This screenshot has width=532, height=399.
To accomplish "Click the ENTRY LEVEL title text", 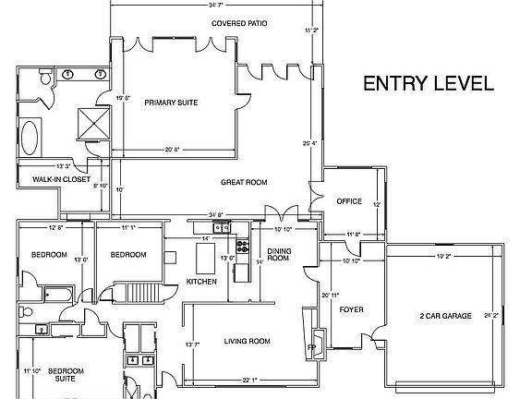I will point(428,83).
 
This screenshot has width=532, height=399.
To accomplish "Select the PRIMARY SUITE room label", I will point(171,103).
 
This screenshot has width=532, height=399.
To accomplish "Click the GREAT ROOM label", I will point(244,183).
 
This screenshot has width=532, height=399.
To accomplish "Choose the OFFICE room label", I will point(348,200).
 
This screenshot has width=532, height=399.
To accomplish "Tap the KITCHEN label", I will point(201,281).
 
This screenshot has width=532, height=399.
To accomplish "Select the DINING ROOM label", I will point(279,256).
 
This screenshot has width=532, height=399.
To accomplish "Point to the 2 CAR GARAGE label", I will point(443,316).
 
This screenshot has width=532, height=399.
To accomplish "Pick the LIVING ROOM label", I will point(247,342).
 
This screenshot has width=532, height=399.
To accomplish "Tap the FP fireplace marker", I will point(311,348).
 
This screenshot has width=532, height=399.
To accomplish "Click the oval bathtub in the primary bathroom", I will point(30,139).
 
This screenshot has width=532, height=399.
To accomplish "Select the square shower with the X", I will point(94,123).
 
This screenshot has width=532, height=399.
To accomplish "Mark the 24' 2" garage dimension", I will point(490,316).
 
